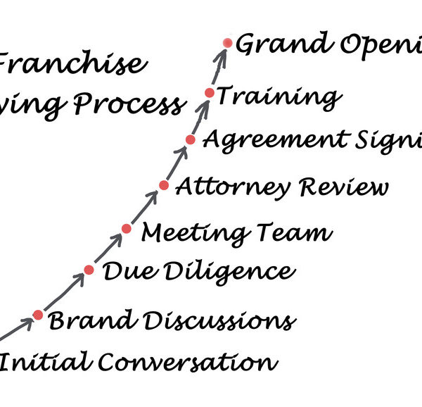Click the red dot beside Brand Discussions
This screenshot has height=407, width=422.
click(x=38, y=315)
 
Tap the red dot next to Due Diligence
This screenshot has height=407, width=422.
click(x=89, y=270)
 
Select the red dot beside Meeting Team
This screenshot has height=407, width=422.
click(x=127, y=229)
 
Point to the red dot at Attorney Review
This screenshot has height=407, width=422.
click(x=164, y=186)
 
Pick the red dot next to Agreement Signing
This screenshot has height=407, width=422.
click(x=191, y=139)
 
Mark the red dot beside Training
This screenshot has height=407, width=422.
click(x=210, y=93)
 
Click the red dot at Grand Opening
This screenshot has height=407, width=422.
click(x=227, y=43)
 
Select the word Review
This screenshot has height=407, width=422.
click(x=343, y=187)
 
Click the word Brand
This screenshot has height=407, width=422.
click(x=80, y=320)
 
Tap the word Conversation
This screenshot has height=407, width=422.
click(x=186, y=363)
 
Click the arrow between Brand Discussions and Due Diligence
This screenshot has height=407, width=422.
click(x=64, y=292)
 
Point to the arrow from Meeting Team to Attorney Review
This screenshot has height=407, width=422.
click(x=146, y=207)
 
